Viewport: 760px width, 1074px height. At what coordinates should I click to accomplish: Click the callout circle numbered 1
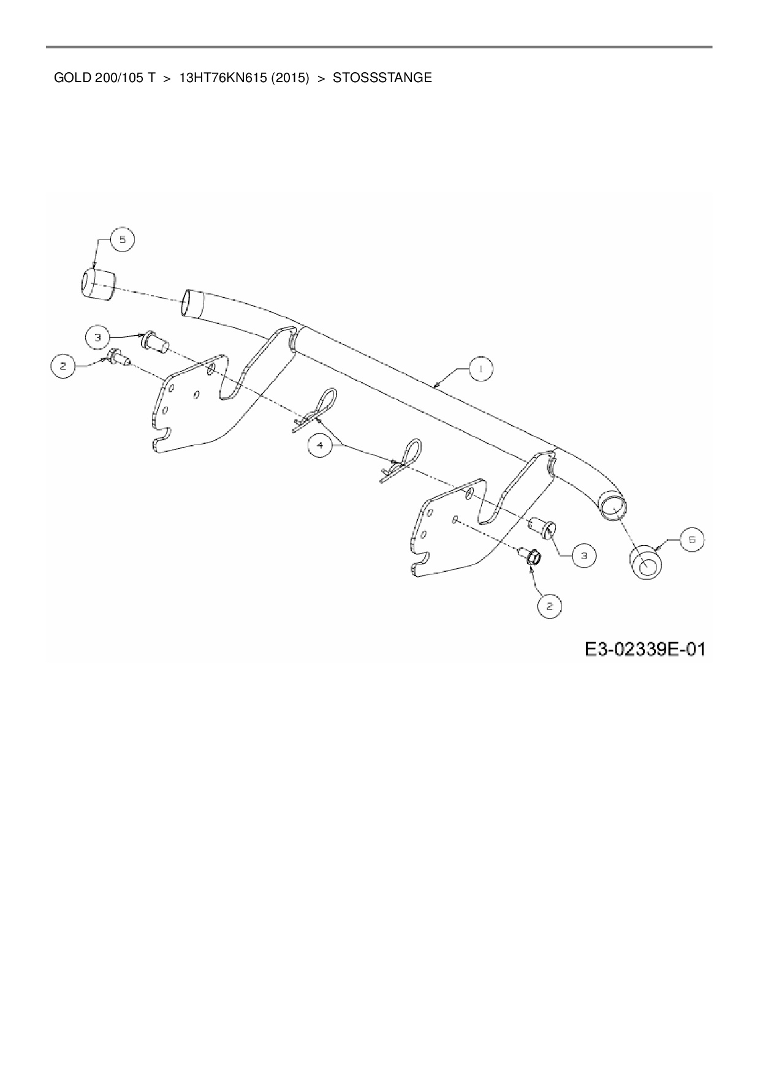[x=481, y=369]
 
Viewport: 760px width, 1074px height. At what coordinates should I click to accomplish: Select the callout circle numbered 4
[x=320, y=445]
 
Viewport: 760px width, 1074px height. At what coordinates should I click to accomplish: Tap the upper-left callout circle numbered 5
[x=123, y=240]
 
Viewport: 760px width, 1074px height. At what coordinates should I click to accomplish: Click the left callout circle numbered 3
[x=97, y=336]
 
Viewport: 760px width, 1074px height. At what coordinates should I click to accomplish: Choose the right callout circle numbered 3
[x=584, y=555]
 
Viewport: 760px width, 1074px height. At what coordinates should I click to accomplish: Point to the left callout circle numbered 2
[x=62, y=367]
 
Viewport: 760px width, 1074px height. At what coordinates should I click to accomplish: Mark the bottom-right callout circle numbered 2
[x=550, y=606]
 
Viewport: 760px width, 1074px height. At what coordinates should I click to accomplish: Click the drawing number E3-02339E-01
[x=644, y=648]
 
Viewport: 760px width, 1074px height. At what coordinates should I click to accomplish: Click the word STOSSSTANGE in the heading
[x=382, y=78]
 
